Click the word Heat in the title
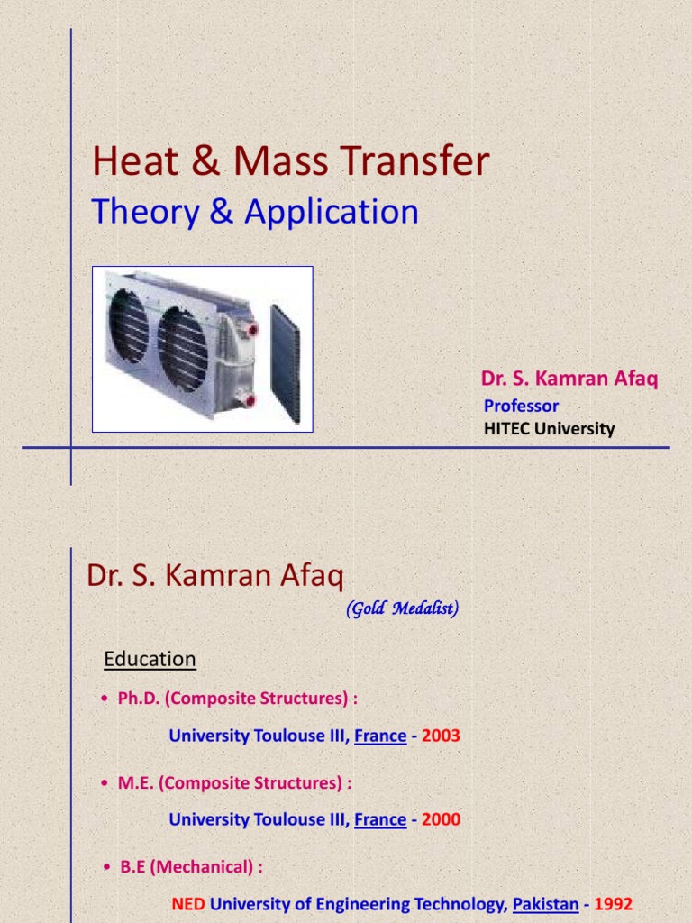coord(135,160)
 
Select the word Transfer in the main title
coord(414,160)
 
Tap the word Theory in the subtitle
coord(145,212)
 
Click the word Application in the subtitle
coord(332,212)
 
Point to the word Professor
coord(521,406)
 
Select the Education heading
coord(150,659)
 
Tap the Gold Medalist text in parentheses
coord(403,608)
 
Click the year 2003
coord(441,736)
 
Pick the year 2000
coord(441,818)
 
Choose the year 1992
coord(613,903)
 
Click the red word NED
coord(188,903)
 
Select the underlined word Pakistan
coord(545,904)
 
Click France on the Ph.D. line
coord(380,736)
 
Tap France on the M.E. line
coord(380,819)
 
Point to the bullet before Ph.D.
coord(105,699)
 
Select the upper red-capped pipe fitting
coord(251,329)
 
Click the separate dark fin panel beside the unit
coord(286,363)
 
